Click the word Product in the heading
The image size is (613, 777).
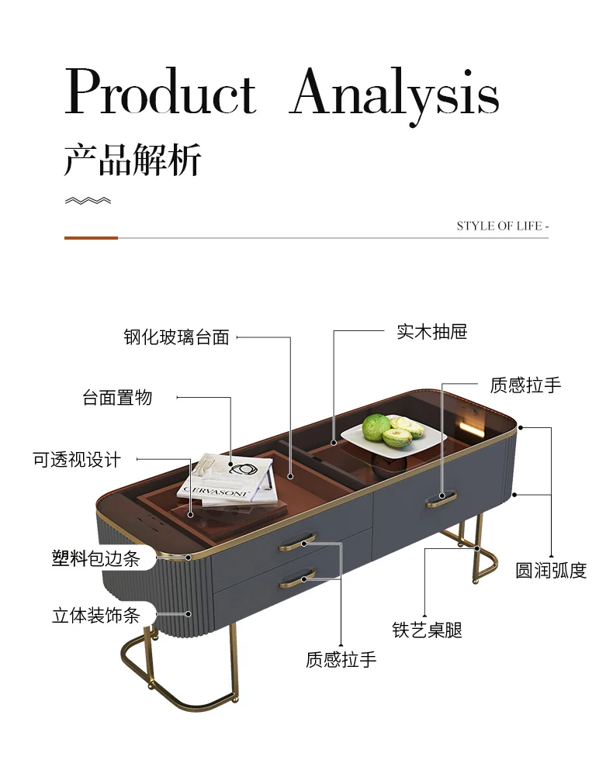pos(160,93)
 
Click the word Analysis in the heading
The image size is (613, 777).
pos(395,95)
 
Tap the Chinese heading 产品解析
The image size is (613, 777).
pos(133,160)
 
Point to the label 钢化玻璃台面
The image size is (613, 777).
pos(177,337)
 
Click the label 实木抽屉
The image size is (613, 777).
pos(432,332)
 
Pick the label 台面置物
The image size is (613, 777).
pos(118,398)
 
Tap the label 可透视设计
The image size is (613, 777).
pos(77,459)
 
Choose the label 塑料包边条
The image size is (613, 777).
pos(95,558)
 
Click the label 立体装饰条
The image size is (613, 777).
pos(95,616)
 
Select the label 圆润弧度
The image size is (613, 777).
pos(551,571)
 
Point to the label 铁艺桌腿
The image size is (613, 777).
pos(427,630)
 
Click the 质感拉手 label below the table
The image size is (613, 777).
pos(341,660)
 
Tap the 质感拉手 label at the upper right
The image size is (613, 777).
pos(525,385)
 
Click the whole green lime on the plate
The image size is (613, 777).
pos(376,427)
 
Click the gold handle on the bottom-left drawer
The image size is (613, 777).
pos(297,578)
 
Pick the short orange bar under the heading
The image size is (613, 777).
pos(91,238)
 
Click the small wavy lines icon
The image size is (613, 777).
pos(87,201)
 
